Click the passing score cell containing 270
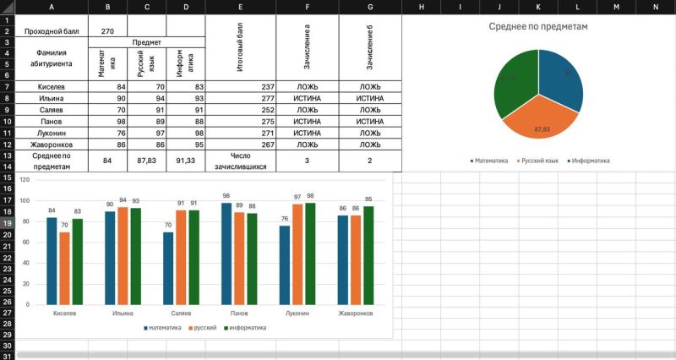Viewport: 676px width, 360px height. [x=107, y=31]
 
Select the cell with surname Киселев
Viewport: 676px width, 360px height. [x=51, y=87]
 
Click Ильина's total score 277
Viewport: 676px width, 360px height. [x=241, y=99]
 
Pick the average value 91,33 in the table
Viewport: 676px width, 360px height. [x=186, y=161]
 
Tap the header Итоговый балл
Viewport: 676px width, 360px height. [x=241, y=49]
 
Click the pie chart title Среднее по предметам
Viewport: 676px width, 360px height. [x=538, y=26]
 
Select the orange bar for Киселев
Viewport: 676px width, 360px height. [x=65, y=268]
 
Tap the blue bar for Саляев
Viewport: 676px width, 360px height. [x=168, y=268]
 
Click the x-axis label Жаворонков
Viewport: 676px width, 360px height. [x=356, y=314]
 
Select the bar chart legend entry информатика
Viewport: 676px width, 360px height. [x=248, y=327]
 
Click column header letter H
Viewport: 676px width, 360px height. [x=421, y=7]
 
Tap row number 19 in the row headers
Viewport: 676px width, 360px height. [x=7, y=223]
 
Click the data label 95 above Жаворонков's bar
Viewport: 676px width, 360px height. [x=368, y=199]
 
